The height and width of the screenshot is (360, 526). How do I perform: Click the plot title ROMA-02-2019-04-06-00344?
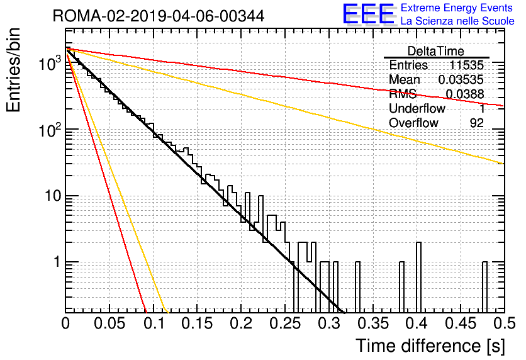click(159, 16)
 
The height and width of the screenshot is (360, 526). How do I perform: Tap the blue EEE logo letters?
click(368, 14)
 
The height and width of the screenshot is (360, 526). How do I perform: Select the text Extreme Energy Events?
click(457, 8)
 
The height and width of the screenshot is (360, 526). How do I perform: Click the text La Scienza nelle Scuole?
click(457, 21)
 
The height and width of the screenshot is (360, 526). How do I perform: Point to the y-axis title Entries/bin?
click(13, 70)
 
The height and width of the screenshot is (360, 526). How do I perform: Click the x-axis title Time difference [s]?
click(430, 346)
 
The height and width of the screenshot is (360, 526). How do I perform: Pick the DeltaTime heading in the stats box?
click(436, 51)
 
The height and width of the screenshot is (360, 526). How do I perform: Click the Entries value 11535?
click(467, 65)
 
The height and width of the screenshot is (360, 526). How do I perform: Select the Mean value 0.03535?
click(461, 79)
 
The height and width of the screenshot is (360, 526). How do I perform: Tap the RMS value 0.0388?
click(465, 94)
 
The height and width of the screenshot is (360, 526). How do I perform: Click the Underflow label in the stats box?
click(417, 108)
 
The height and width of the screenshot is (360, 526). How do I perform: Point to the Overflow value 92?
click(477, 123)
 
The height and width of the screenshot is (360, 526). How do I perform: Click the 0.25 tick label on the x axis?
click(285, 323)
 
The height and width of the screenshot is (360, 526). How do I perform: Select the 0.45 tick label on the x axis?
click(461, 323)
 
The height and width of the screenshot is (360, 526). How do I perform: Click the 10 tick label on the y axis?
click(53, 196)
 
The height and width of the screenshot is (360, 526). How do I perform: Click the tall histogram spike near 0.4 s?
click(418, 277)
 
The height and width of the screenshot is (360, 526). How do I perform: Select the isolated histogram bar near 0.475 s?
click(484, 287)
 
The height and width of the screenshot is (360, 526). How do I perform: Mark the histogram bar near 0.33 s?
click(357, 287)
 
